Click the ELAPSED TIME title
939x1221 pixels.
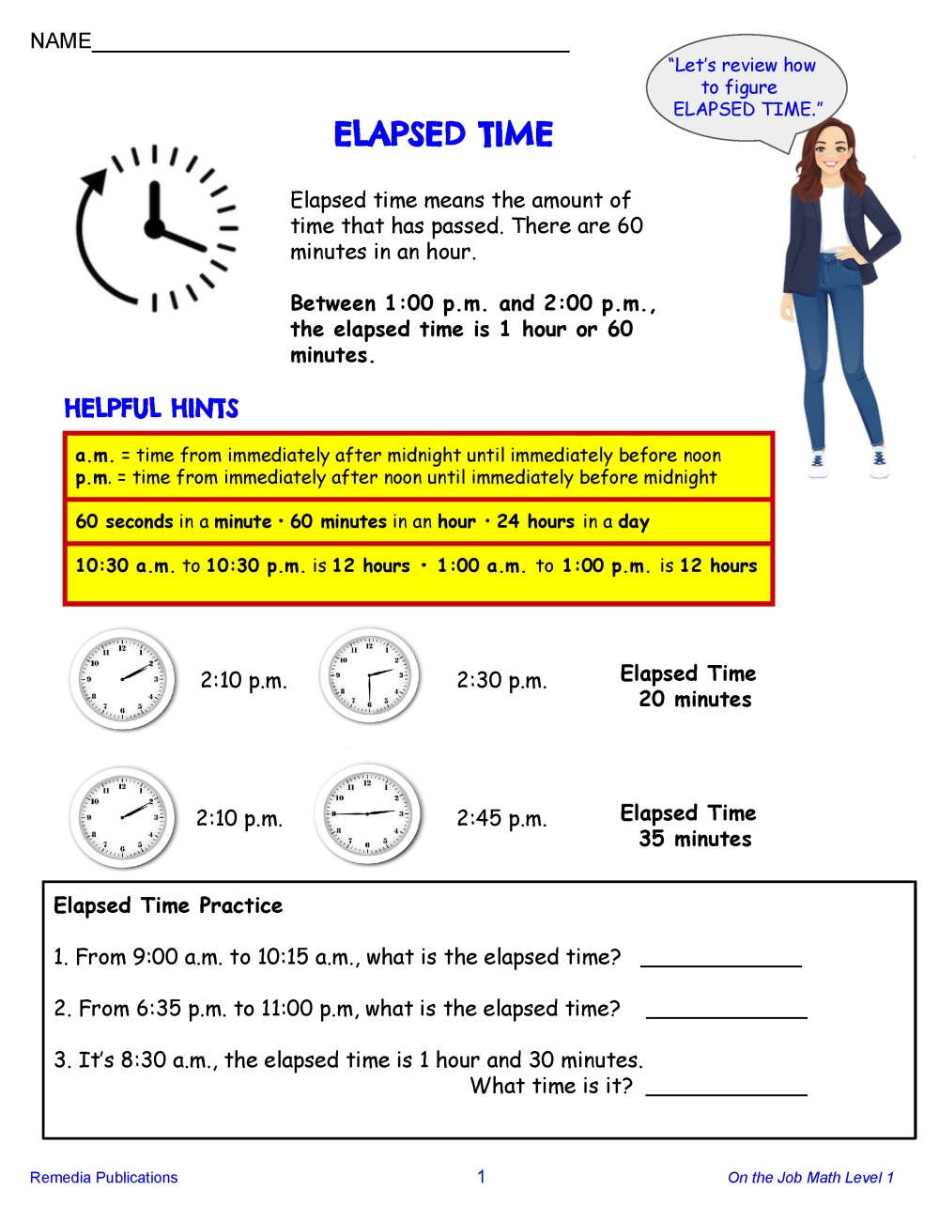click(x=443, y=134)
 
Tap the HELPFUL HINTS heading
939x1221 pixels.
click(x=151, y=409)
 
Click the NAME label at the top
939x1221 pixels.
click(x=60, y=41)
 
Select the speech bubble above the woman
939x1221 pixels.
click(x=746, y=89)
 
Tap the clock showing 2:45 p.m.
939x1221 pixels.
click(x=367, y=813)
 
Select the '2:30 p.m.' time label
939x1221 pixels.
click(x=501, y=681)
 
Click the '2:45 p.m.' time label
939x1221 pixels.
click(x=501, y=819)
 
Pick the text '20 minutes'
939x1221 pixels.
click(x=695, y=700)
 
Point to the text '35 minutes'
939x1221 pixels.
click(x=695, y=840)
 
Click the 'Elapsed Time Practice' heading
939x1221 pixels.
click(x=168, y=906)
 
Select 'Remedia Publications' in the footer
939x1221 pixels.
click(x=103, y=1178)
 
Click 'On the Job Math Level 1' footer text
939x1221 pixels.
click(x=810, y=1178)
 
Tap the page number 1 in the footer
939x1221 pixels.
click(x=481, y=1177)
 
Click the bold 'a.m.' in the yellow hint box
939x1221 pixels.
click(x=94, y=456)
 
